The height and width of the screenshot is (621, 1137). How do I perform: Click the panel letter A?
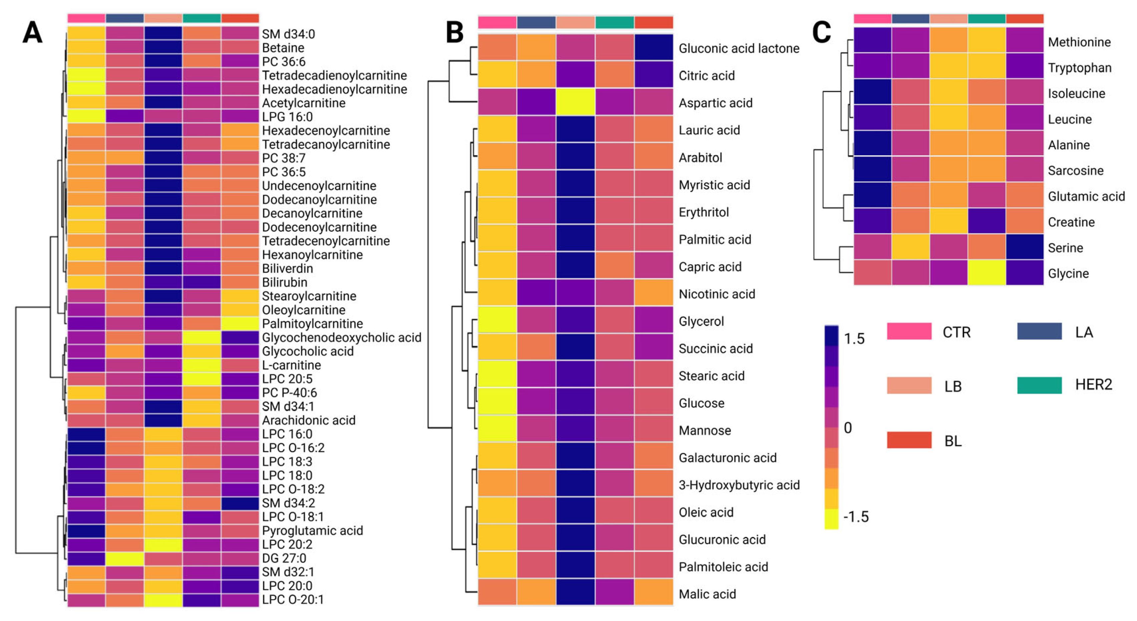[x=32, y=33]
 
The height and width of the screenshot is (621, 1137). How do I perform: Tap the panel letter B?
[x=454, y=33]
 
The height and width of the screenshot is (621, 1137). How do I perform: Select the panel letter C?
[x=821, y=33]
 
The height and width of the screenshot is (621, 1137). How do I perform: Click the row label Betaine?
[x=283, y=48]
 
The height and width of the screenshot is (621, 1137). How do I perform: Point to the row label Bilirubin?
[x=284, y=282]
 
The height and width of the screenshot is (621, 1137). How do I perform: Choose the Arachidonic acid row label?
[x=309, y=420]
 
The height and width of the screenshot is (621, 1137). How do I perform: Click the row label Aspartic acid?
[x=715, y=103]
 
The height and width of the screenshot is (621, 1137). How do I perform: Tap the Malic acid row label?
[x=707, y=594]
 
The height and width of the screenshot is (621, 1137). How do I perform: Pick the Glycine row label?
[x=1068, y=273]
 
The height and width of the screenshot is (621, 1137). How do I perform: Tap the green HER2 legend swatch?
[x=1039, y=385]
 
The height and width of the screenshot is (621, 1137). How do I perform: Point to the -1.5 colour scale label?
[x=855, y=516]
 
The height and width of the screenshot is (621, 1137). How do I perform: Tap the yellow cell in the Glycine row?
[x=986, y=273]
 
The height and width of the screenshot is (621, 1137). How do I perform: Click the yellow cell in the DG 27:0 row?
[x=125, y=558]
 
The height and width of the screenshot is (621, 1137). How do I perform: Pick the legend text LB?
[x=952, y=387]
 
